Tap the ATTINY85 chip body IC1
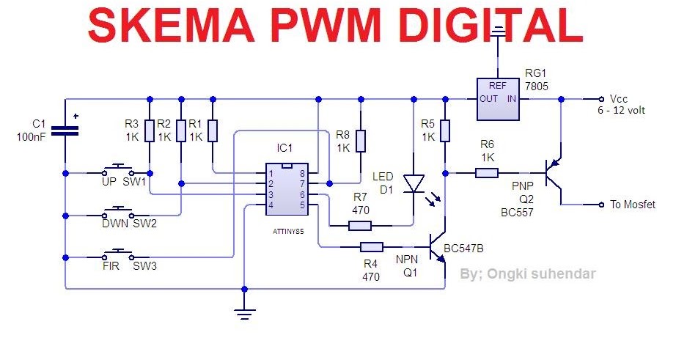287,189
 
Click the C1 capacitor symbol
65,131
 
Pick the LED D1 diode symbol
414,182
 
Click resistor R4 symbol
370,247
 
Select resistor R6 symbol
487,173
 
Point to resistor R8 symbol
361,141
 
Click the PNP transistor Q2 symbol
555,174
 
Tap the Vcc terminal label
619,98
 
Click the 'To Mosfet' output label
633,204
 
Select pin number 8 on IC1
302,174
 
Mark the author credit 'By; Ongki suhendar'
527,274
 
